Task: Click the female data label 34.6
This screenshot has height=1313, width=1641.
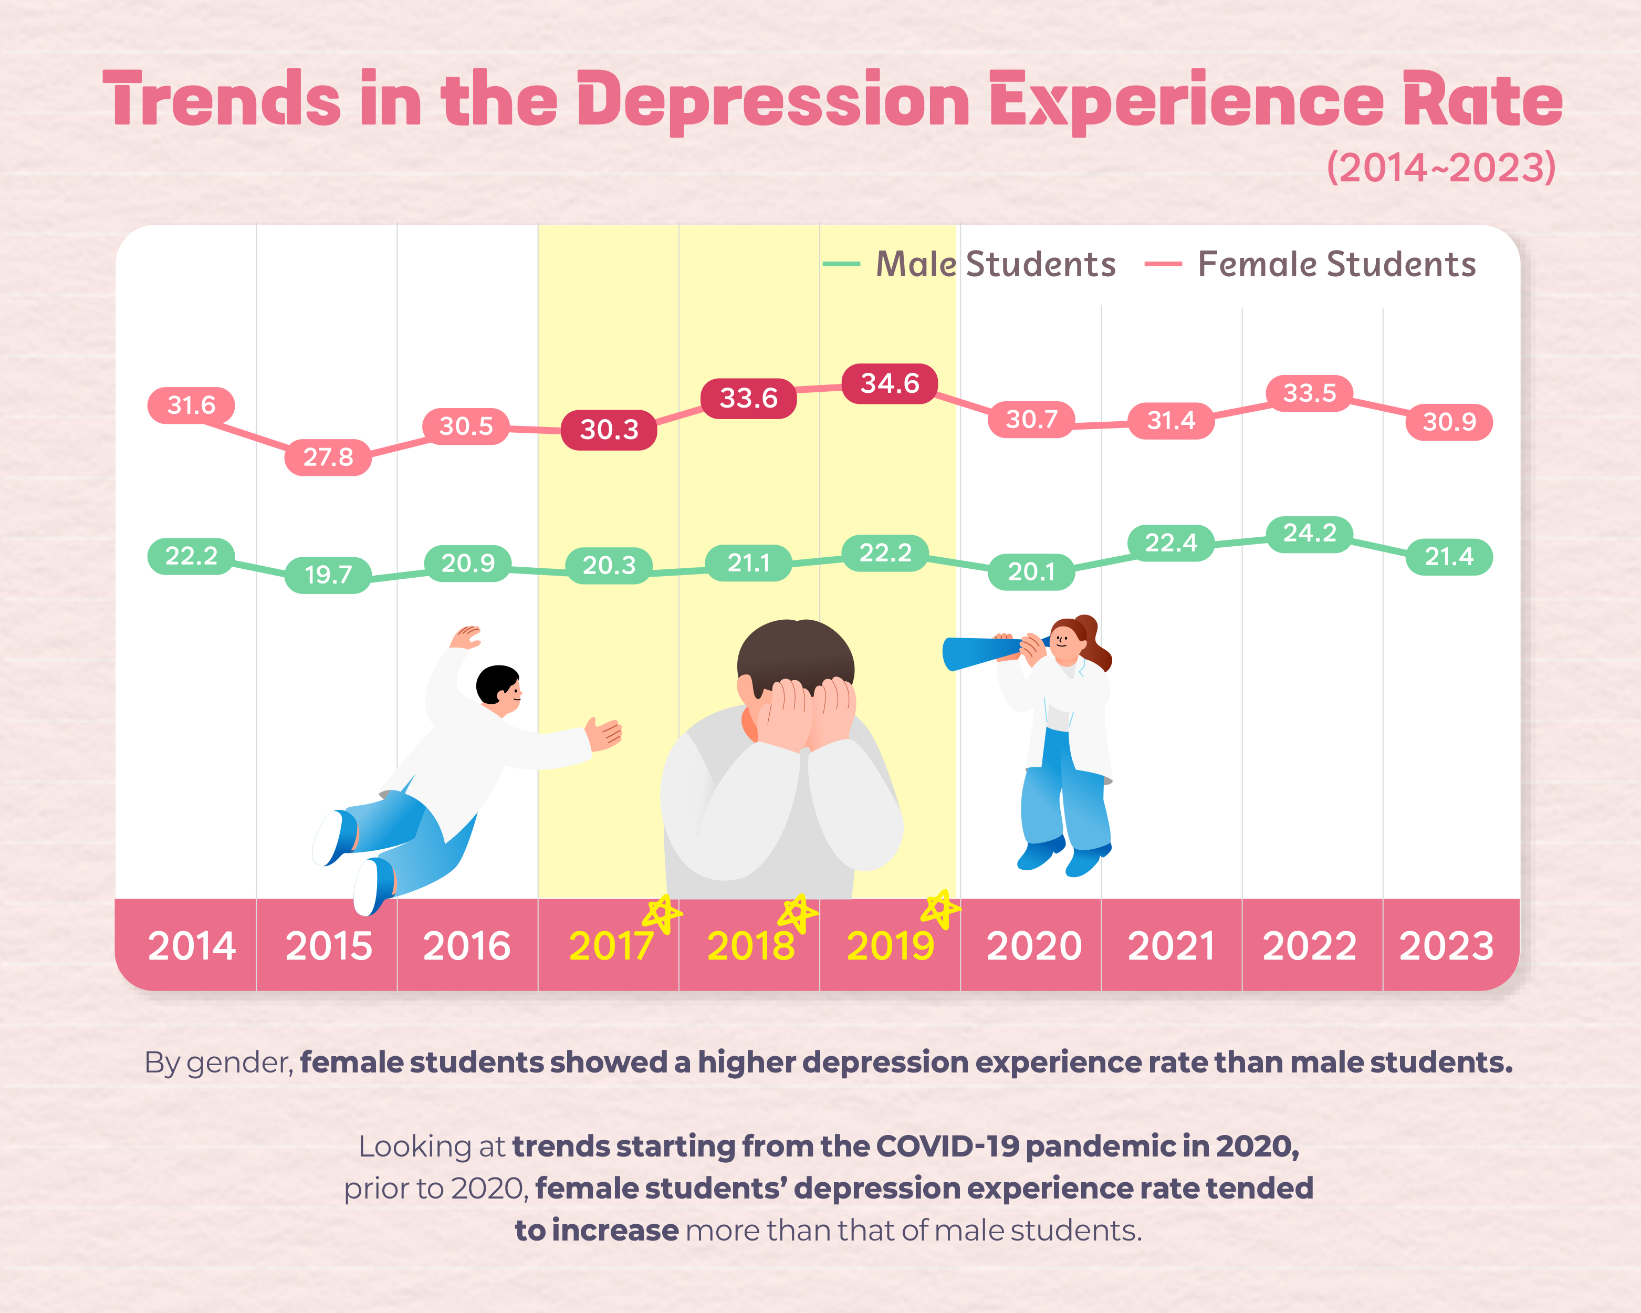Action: (x=889, y=383)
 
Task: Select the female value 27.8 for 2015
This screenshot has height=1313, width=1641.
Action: (x=328, y=457)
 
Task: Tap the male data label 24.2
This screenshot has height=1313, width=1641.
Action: (x=1309, y=533)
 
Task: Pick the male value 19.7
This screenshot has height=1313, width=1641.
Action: (x=328, y=574)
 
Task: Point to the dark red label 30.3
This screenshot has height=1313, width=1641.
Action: (x=609, y=429)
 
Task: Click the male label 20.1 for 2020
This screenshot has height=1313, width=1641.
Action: (x=1031, y=571)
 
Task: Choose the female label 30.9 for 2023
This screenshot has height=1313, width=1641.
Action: (x=1448, y=422)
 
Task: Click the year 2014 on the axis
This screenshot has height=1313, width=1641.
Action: (x=192, y=946)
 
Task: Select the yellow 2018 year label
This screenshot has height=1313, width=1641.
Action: (x=750, y=946)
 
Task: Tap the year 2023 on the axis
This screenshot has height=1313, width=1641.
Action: (x=1446, y=946)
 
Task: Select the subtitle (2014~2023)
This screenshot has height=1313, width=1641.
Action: (x=1441, y=168)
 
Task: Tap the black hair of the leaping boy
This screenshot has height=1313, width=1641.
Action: (x=496, y=681)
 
